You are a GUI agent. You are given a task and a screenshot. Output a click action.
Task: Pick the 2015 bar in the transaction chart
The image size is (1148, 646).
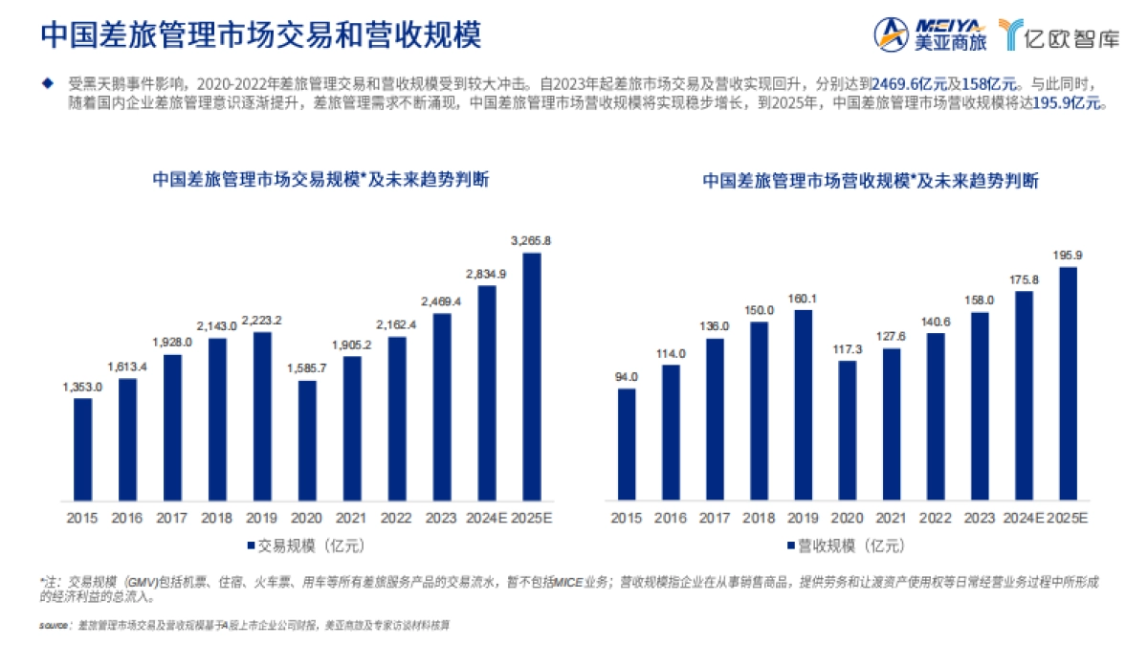83,449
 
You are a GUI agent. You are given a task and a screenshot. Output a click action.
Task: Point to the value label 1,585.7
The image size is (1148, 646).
307,367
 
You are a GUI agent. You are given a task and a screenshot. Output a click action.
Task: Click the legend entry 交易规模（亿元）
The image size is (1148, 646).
298,546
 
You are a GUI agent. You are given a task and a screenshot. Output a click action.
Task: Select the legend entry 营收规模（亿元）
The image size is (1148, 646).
842,546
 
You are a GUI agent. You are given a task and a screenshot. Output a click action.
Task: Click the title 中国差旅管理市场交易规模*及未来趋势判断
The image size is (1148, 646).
320,179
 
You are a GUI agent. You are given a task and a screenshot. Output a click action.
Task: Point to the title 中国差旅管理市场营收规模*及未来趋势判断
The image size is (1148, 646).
871,179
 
